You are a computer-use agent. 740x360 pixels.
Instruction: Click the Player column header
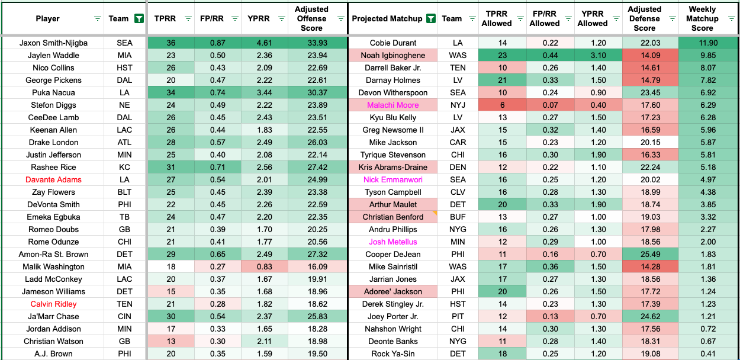[47, 18]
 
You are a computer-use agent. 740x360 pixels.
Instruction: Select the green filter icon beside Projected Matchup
[430, 18]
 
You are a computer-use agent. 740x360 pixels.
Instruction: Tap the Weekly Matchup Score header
[702, 18]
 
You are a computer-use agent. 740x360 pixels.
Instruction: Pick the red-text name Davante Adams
[53, 180]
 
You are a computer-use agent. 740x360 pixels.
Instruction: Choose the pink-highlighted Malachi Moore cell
[393, 105]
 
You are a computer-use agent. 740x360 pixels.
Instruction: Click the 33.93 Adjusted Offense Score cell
[311, 43]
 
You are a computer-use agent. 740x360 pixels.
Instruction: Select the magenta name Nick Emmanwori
[393, 180]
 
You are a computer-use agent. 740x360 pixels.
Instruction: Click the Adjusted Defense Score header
[645, 18]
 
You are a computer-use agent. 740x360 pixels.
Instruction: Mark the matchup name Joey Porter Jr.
[393, 317]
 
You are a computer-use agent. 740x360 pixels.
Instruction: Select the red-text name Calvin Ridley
[53, 304]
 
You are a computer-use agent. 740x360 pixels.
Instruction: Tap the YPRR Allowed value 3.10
[593, 56]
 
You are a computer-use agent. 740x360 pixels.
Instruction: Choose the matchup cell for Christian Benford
[393, 217]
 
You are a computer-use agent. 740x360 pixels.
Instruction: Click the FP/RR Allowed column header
[544, 18]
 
